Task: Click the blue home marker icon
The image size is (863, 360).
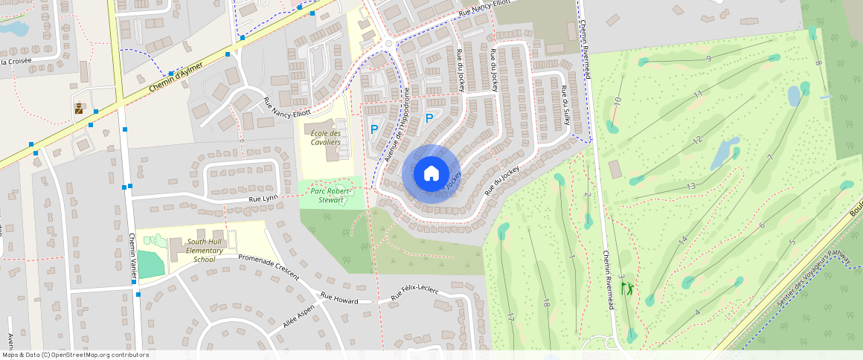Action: (431, 174)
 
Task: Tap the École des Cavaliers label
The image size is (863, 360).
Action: (325, 137)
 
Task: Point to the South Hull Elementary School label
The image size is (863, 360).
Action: (205, 251)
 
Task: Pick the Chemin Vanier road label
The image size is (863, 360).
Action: (132, 257)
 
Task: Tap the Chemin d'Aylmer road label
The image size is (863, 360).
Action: (176, 77)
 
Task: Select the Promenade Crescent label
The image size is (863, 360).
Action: (268, 267)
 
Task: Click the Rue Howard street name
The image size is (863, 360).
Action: (339, 299)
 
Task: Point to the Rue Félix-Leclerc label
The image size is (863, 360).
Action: (415, 294)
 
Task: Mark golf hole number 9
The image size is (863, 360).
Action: (709, 59)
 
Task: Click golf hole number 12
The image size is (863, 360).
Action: (697, 141)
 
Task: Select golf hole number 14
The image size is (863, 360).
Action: (682, 240)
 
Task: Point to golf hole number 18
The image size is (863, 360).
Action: (545, 303)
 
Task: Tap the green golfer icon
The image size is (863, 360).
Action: (629, 287)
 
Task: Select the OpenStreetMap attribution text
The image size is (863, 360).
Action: (74, 355)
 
